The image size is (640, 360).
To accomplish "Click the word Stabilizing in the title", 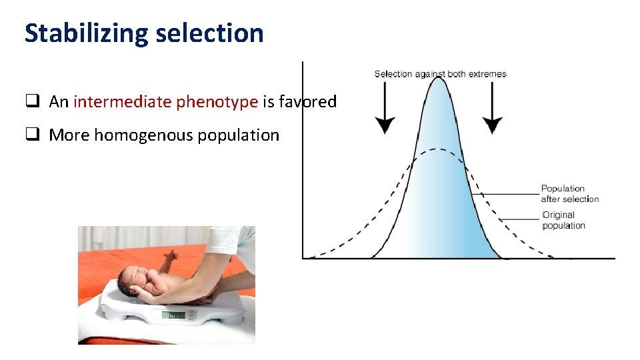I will pos(84,33).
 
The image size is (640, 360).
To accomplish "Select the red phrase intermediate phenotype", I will pos(165,102).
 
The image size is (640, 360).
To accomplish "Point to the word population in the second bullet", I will pos(244,135).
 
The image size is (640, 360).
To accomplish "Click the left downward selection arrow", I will pos(384,107).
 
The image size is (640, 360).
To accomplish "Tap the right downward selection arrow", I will pos(493,107).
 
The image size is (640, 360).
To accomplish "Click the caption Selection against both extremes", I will pos(440,74).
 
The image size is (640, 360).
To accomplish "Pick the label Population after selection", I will pos(569,194).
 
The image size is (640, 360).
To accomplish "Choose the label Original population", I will pos(563,220).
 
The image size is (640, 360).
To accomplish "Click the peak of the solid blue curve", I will pos(437,79).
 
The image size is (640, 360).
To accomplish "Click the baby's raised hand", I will pos(172,255).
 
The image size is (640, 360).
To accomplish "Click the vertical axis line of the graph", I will pos(303,160).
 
